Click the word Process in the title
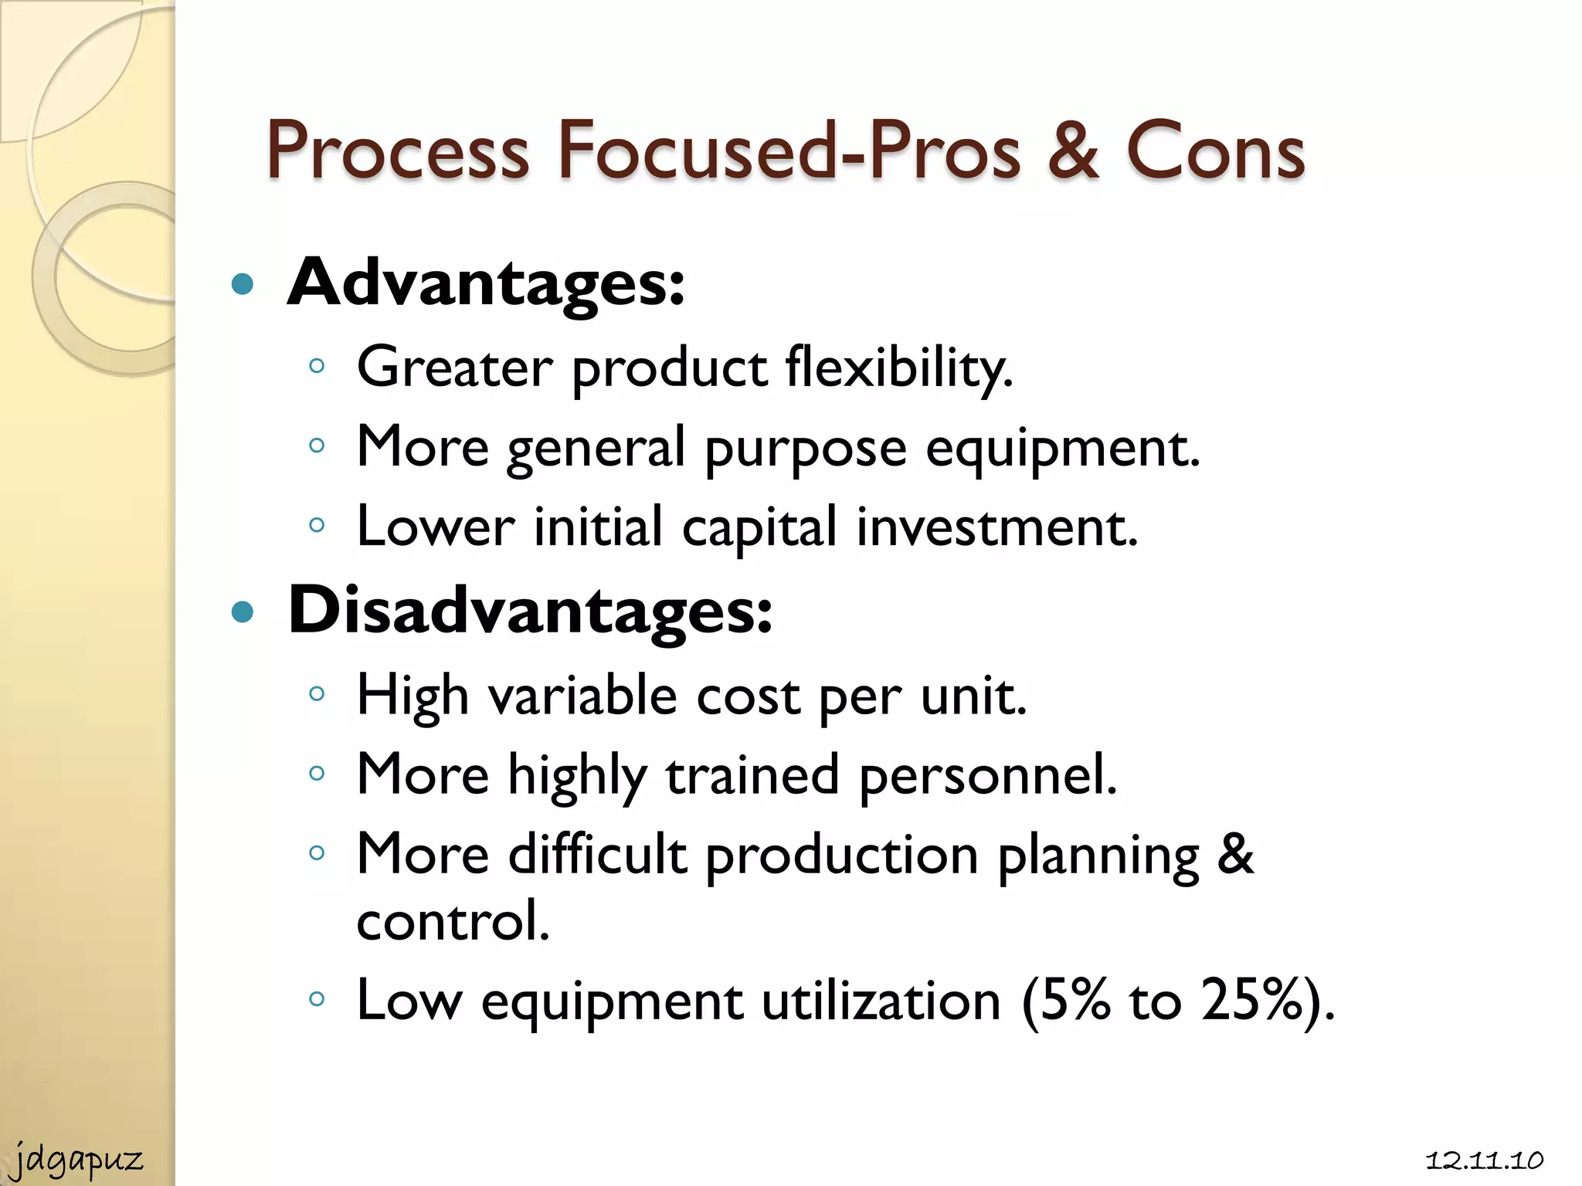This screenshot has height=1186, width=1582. pos(398,151)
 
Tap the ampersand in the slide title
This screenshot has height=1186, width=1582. pos(1073,151)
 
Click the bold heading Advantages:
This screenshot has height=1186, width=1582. pos(485,284)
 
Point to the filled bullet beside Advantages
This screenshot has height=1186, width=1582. pos(243,285)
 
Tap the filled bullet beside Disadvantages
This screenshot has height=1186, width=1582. pos(243,612)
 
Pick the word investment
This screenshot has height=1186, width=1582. pos(996,528)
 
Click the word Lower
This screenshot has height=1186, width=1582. pos(436,528)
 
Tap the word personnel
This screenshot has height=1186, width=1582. pos(988,775)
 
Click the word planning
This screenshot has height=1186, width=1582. pos(1098,857)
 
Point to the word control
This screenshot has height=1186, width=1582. pos(453,921)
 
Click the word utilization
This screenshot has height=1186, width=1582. pos(881,1001)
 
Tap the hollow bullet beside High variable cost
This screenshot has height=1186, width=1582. pos(316,693)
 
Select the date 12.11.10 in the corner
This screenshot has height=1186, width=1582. pos(1484,1161)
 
